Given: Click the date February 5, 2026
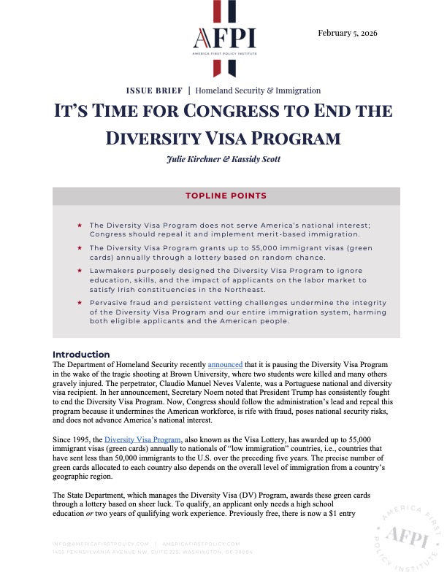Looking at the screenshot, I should pyautogui.click(x=347, y=34).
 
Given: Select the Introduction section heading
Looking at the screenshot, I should pyautogui.click(x=81, y=355).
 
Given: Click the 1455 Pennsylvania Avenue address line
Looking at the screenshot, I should pyautogui.click(x=153, y=551).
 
